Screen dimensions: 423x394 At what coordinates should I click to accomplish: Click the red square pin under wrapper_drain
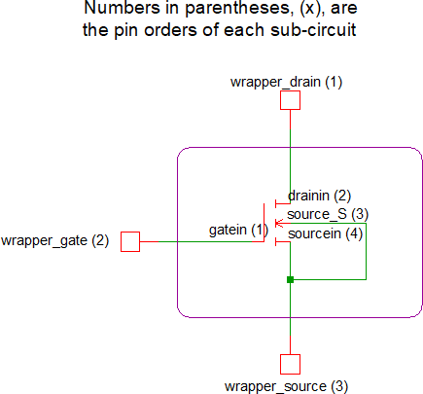290,100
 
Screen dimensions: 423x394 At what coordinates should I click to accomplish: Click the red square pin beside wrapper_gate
130,241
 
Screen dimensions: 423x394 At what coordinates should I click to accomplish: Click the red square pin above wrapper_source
290,364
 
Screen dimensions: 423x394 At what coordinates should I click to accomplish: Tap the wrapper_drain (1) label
286,83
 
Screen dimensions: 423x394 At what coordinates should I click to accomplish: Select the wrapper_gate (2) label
54,241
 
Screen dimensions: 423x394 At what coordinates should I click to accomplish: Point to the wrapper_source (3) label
286,386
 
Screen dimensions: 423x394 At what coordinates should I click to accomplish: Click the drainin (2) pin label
319,196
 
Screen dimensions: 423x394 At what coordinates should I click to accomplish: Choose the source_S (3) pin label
328,214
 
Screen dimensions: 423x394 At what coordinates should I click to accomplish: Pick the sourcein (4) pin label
325,233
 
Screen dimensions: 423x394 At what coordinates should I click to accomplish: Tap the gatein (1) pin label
238,230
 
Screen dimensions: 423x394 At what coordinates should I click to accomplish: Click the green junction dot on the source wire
290,279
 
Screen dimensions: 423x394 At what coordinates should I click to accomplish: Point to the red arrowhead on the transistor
279,223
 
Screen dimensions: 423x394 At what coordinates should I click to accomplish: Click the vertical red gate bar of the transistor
264,223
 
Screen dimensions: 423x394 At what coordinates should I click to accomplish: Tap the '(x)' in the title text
312,8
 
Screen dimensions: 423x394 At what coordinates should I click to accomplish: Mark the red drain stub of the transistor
283,203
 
